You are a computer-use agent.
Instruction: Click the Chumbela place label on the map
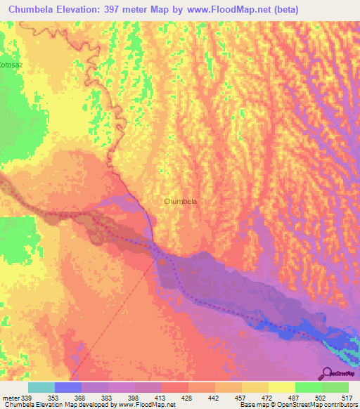[180, 201]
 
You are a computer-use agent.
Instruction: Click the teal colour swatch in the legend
[41, 387]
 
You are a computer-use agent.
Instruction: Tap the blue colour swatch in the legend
[68, 387]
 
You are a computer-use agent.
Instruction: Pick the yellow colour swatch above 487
[282, 387]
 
